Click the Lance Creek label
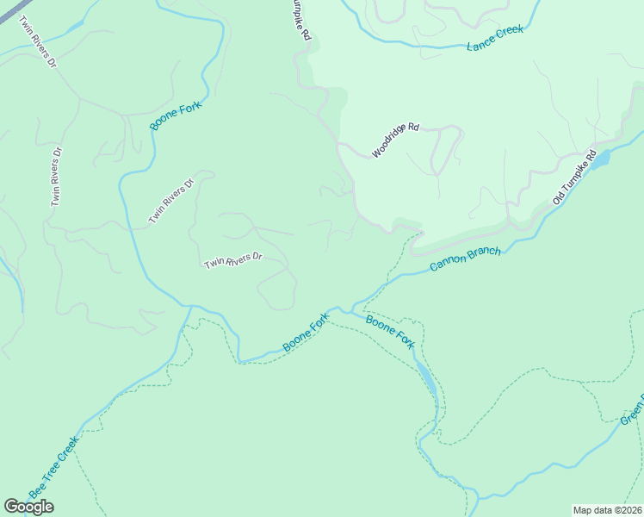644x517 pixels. pyautogui.click(x=495, y=38)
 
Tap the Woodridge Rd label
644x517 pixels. pyautogui.click(x=395, y=140)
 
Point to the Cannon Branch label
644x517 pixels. pyautogui.click(x=465, y=260)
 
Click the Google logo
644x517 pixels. pyautogui.click(x=28, y=507)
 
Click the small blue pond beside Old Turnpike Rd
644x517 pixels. pyautogui.click(x=601, y=159)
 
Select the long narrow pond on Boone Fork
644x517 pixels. pyautogui.click(x=425, y=377)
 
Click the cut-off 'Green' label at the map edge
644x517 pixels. pyautogui.click(x=632, y=409)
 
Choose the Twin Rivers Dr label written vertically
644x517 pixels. pyautogui.click(x=57, y=176)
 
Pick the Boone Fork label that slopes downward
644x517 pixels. pyautogui.click(x=390, y=332)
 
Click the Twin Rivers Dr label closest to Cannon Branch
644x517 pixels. pyautogui.click(x=232, y=260)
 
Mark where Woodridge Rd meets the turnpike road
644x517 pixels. pyautogui.click(x=340, y=146)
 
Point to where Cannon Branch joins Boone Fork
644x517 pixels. pyautogui.click(x=353, y=308)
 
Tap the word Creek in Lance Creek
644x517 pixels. pyautogui.click(x=509, y=34)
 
